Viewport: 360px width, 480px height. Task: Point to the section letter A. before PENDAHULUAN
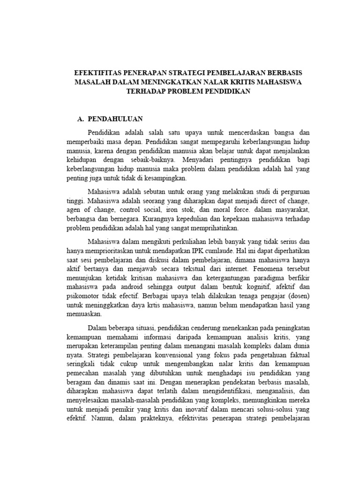(80, 120)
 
